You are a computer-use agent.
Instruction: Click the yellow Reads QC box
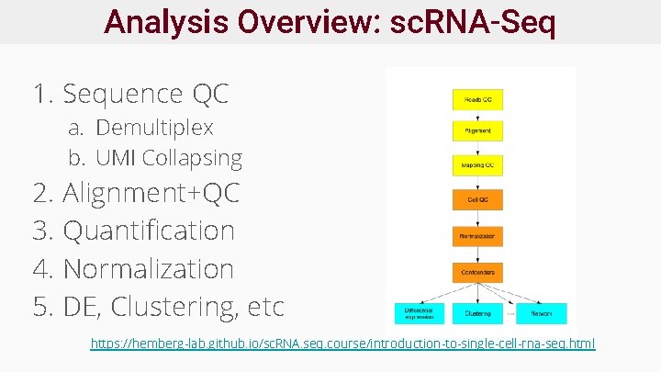coord(477,96)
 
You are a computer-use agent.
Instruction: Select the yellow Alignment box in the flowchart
coord(477,130)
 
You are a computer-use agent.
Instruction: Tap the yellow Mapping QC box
coord(477,165)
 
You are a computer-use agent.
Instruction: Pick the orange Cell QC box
coord(477,199)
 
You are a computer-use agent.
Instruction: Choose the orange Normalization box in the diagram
coord(477,236)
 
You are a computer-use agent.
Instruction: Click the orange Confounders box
coord(477,272)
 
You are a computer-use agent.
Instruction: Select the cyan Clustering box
coord(477,313)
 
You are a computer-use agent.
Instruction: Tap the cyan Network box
coord(541,313)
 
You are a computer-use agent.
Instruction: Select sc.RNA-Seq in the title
coord(472,21)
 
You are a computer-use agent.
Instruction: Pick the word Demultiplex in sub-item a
coord(154,128)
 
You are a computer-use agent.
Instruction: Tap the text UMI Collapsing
coord(169,158)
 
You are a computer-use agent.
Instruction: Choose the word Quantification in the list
coord(149,231)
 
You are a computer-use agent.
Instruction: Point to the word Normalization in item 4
coord(149,269)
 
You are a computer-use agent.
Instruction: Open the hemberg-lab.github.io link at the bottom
coord(342,344)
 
